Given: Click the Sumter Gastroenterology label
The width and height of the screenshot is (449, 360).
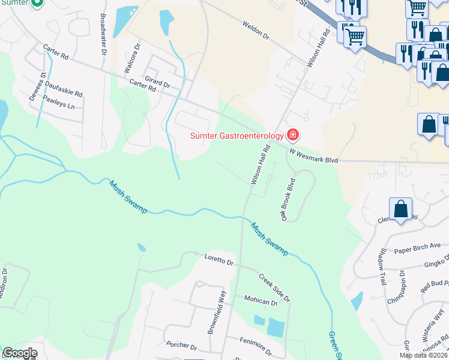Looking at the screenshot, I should pyautogui.click(x=237, y=136).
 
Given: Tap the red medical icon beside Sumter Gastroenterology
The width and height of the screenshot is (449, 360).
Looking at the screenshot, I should pyautogui.click(x=293, y=134).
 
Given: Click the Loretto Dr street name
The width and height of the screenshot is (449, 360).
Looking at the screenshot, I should pyautogui.click(x=218, y=262).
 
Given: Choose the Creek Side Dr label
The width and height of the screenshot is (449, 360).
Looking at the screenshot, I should pyautogui.click(x=275, y=287).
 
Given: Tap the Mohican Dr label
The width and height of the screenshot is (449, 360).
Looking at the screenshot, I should pyautogui.click(x=261, y=301).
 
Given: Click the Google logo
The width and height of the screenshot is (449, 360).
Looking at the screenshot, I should pyautogui.click(x=20, y=353).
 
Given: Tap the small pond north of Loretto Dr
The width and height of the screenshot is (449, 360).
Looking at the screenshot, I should pyautogui.click(x=141, y=247).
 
